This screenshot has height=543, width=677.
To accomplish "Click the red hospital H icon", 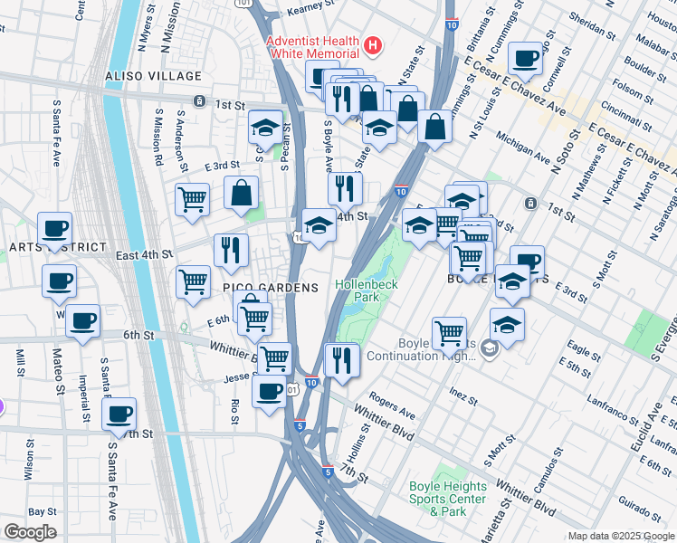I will (370, 44).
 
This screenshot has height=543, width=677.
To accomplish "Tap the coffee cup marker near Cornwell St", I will (525, 61).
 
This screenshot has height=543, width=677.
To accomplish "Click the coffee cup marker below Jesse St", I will (269, 391).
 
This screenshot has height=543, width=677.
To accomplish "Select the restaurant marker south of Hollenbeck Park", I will (341, 357).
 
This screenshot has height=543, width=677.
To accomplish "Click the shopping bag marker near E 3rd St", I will (242, 192).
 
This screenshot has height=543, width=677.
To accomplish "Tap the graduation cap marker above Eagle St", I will (507, 326).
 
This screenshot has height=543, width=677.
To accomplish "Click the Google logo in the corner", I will (30, 532).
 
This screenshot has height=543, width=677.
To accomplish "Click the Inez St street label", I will (462, 395).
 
